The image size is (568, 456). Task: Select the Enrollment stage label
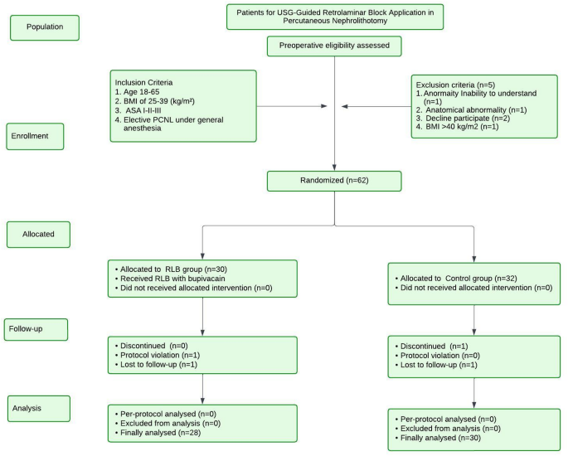coord(34,136)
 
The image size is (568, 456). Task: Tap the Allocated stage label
coord(39,235)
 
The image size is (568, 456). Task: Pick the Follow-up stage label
coord(34,329)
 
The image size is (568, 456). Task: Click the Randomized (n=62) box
coord(334,182)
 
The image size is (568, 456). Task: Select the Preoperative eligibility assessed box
coord(334,47)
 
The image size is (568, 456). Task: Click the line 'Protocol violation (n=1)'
coord(157,355)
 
